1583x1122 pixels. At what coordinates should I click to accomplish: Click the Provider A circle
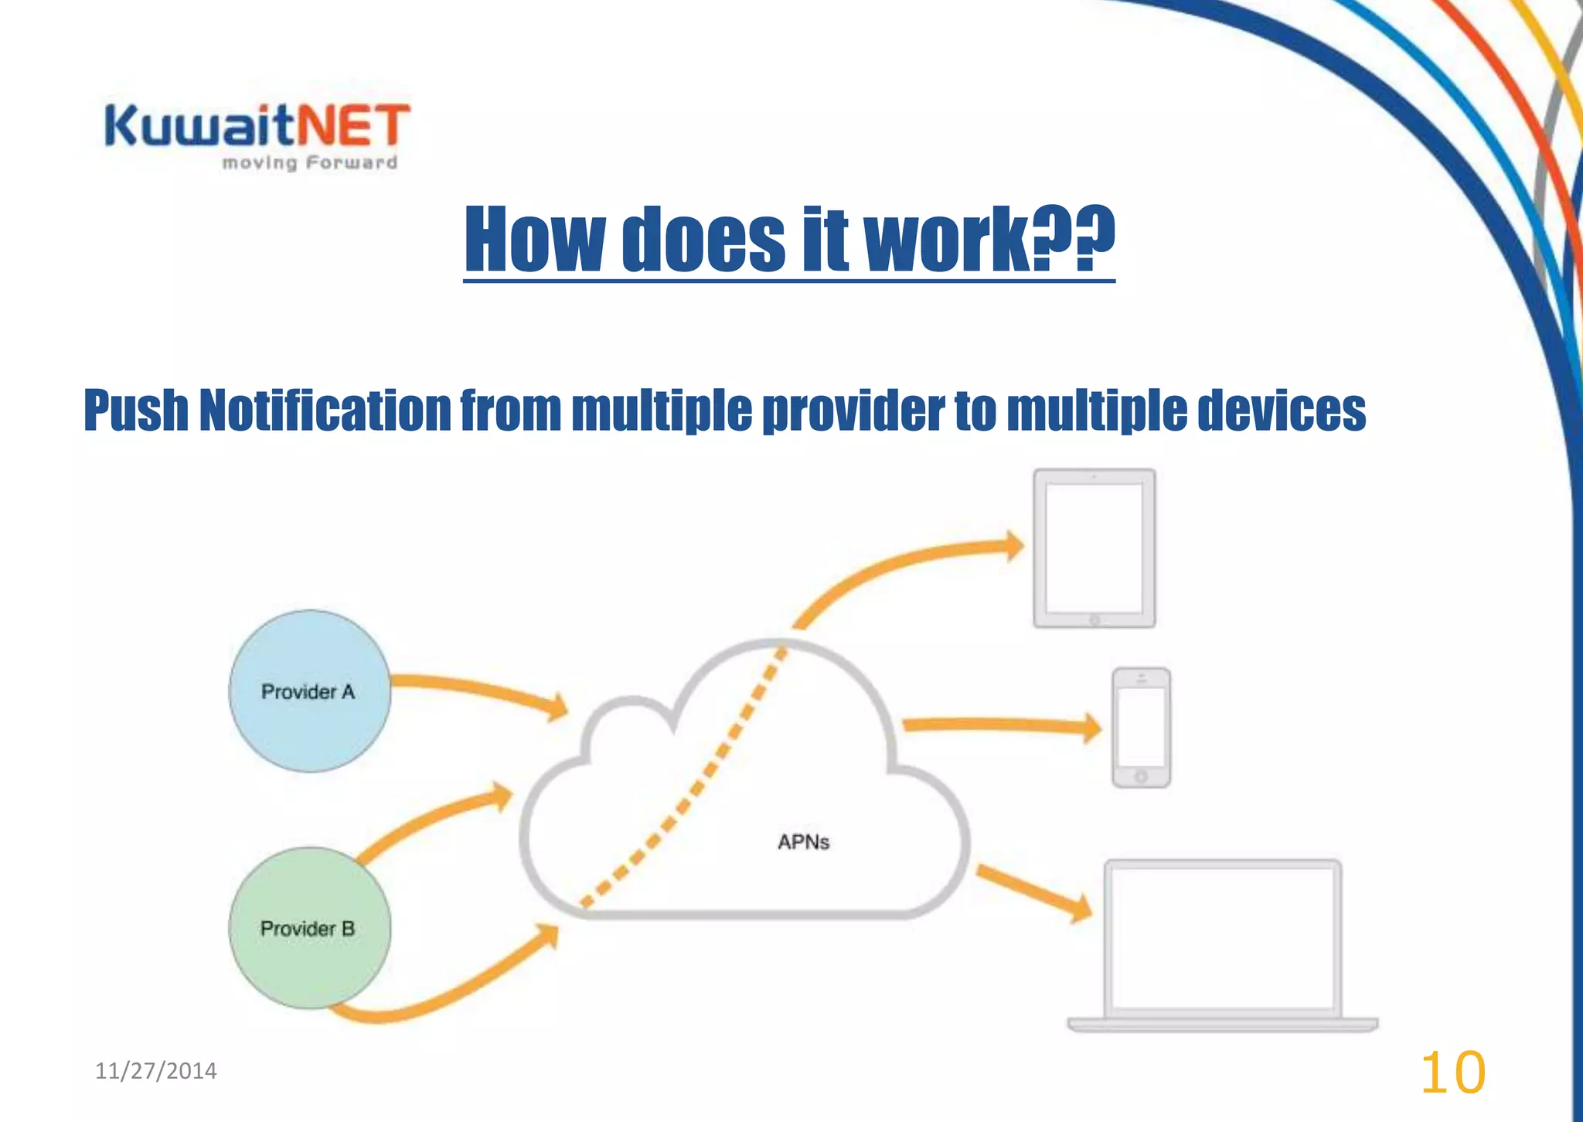[x=309, y=691]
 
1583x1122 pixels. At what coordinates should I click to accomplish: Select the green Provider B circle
[x=309, y=927]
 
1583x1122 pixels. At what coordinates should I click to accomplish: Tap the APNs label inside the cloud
[x=803, y=841]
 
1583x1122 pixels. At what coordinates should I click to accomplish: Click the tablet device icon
[x=1094, y=548]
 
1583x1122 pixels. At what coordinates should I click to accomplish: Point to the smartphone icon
[x=1141, y=728]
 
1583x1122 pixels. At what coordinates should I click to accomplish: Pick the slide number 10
[x=1452, y=1073]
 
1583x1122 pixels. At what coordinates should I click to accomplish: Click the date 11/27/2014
[x=156, y=1071]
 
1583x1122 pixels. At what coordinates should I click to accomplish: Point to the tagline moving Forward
[x=309, y=163]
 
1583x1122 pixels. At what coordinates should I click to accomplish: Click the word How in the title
[x=533, y=240]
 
